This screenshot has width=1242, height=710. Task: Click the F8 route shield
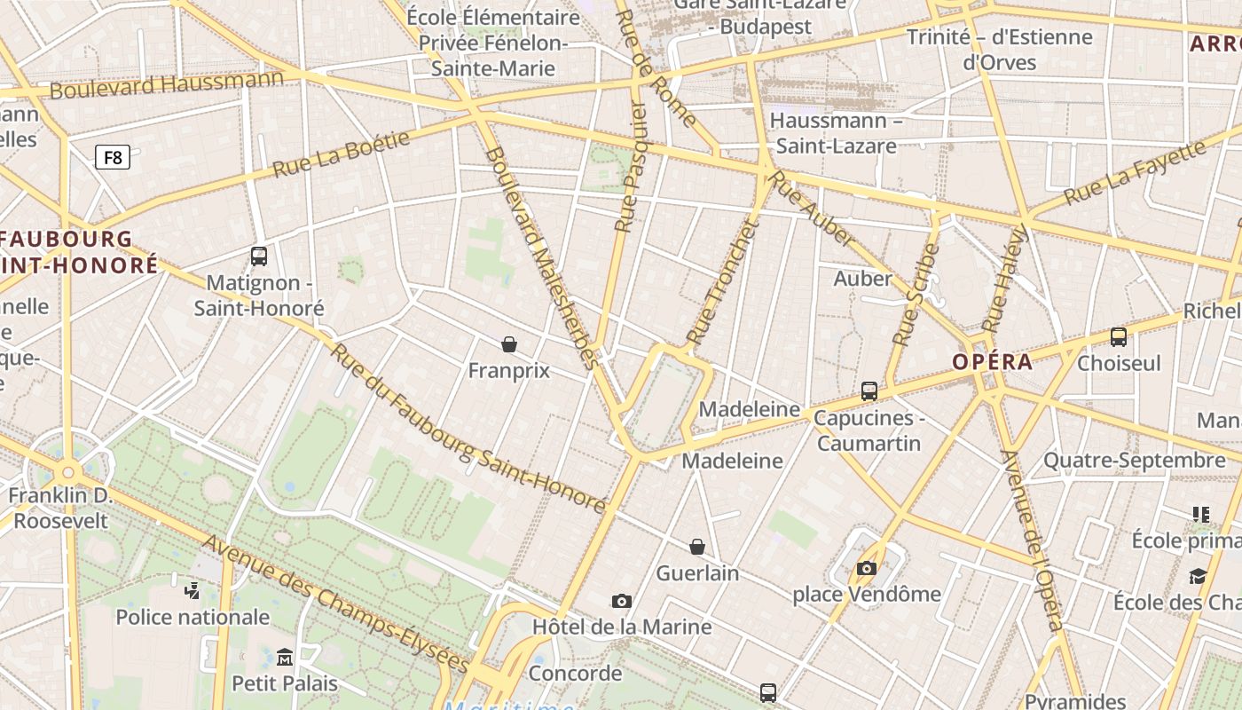(113, 158)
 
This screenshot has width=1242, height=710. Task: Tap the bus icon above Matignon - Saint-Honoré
(259, 256)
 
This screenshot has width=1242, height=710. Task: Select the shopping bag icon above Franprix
(509, 344)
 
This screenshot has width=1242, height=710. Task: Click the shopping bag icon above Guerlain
(697, 547)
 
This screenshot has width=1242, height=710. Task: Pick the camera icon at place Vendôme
(866, 568)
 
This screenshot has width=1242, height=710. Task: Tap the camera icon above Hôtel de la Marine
(622, 602)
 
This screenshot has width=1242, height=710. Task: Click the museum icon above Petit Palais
(285, 658)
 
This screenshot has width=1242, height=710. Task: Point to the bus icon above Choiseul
(1119, 337)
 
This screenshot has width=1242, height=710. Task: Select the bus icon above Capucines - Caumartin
(869, 391)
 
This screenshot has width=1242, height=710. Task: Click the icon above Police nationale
(193, 590)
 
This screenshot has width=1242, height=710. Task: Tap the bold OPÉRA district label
(993, 362)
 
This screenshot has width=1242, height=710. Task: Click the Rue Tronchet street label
(723, 283)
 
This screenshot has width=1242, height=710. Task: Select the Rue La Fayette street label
(1135, 172)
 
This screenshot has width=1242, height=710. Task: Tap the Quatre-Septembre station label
(1134, 461)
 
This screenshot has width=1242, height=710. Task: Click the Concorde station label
(575, 674)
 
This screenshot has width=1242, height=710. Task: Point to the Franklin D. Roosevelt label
(60, 508)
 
